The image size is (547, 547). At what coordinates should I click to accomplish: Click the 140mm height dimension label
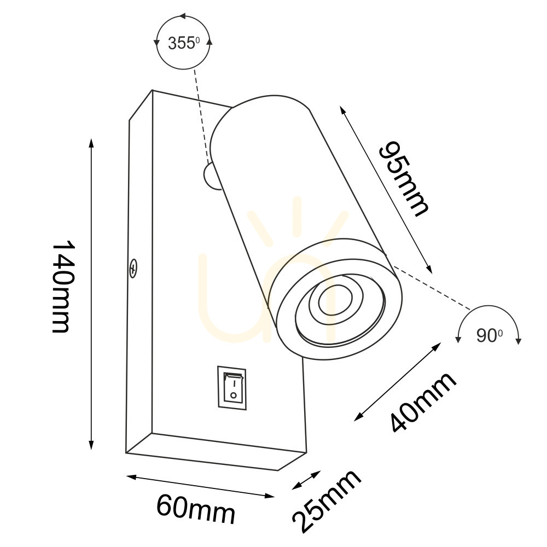(63, 286)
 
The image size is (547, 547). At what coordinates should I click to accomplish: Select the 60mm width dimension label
(196, 510)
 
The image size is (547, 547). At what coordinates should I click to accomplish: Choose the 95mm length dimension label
(403, 179)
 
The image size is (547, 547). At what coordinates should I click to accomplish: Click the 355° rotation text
(184, 43)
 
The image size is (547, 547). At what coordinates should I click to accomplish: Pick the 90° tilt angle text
(489, 336)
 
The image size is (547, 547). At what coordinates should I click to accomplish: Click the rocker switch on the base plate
(231, 388)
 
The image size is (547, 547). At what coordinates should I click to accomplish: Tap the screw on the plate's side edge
(132, 268)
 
